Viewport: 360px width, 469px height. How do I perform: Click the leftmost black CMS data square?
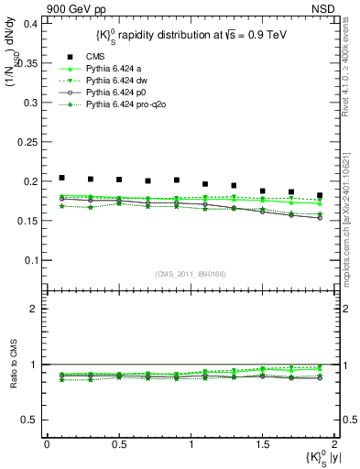click(61, 178)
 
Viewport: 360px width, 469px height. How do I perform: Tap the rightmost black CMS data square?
click(320, 195)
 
